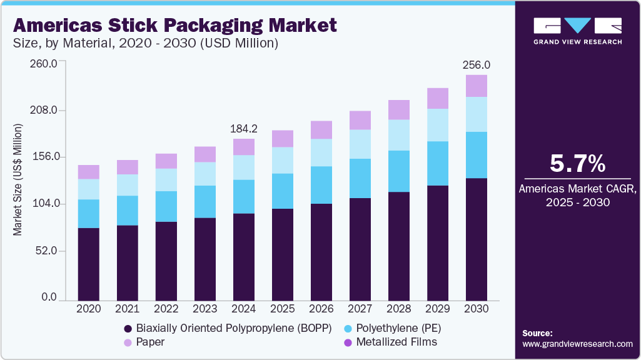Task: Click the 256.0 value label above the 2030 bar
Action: [x=476, y=65]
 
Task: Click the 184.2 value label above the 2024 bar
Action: [x=243, y=129]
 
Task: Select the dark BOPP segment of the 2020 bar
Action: [x=89, y=264]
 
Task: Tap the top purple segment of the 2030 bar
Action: [x=476, y=86]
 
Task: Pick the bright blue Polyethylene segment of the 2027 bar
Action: [x=360, y=178]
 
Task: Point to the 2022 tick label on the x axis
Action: [x=166, y=309]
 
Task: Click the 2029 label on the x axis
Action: [x=437, y=309]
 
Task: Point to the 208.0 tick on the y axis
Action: [x=45, y=111]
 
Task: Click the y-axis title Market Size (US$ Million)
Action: [x=18, y=180]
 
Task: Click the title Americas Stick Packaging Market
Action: [x=174, y=26]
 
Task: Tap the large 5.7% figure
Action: [x=577, y=164]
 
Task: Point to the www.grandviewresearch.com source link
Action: [x=577, y=344]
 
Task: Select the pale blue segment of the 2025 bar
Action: [x=282, y=160]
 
